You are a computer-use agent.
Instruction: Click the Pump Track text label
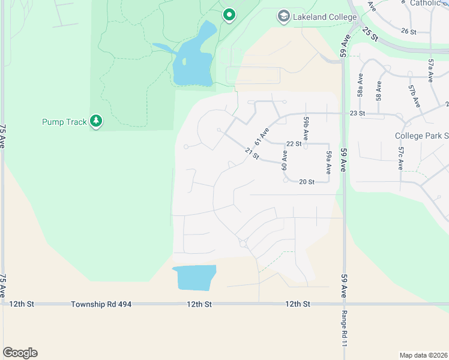[x=64, y=122]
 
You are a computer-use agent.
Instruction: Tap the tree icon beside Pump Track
[x=96, y=122]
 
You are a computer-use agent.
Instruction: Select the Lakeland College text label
[x=324, y=17]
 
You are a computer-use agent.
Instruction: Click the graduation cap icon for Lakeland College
[x=283, y=17]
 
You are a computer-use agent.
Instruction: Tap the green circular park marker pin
[x=228, y=15]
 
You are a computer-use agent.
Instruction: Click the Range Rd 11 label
[x=345, y=331]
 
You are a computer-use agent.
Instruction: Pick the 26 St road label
[x=408, y=31]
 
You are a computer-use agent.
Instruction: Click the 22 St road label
[x=293, y=144]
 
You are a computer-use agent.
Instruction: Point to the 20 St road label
[x=307, y=182]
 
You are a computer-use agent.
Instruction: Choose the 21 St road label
[x=252, y=154]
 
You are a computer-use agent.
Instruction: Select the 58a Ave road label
[x=360, y=88]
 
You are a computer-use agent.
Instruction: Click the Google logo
[x=20, y=353]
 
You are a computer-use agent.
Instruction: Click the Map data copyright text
[x=423, y=355]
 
